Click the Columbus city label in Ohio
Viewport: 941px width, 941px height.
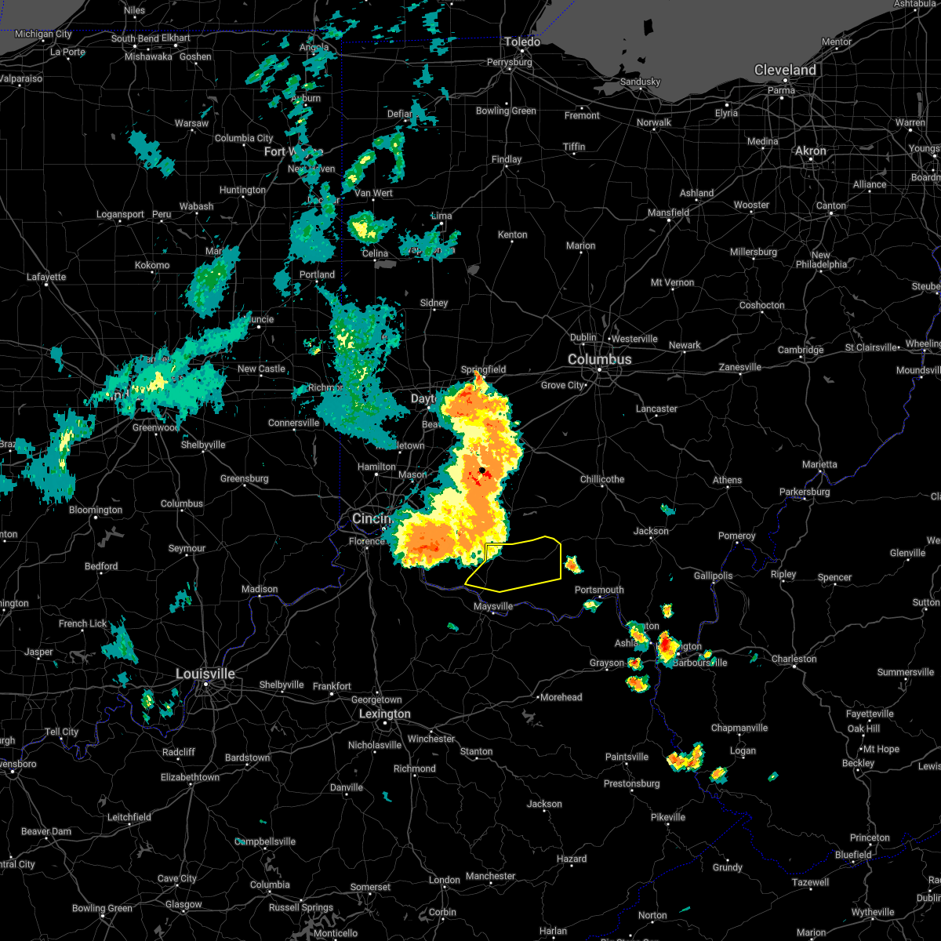point(600,359)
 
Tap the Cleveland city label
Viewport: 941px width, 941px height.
point(785,70)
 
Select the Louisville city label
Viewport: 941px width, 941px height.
point(205,674)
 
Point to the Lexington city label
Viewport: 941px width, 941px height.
point(384,714)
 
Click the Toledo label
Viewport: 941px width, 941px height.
point(522,42)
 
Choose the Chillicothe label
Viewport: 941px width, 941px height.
point(602,479)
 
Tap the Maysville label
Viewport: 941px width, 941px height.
point(493,606)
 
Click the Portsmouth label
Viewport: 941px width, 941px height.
point(599,590)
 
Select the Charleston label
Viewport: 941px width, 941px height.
point(794,659)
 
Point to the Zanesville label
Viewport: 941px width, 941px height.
point(740,367)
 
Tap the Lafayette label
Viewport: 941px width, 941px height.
point(47,277)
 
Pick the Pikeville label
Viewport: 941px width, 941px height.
point(668,817)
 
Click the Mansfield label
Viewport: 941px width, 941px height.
point(669,213)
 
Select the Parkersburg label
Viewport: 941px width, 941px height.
point(805,492)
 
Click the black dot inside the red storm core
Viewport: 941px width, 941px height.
point(482,470)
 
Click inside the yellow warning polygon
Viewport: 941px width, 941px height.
point(521,565)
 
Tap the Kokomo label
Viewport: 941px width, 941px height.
point(152,265)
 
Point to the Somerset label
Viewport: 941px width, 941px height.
point(370,887)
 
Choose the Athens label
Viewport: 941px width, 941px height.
point(727,480)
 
